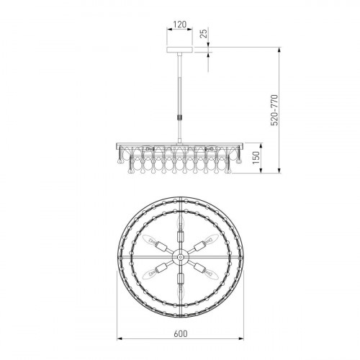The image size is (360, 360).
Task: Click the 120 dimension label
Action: tap(180, 24)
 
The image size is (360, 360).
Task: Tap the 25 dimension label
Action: tap(204, 34)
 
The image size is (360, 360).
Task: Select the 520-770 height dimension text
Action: tap(274, 110)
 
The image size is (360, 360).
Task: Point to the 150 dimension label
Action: tap(256, 158)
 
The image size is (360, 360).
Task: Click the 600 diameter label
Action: tap(181, 333)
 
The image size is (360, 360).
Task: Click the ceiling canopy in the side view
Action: tap(180, 50)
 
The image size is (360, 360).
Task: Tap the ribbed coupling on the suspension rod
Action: tap(180, 117)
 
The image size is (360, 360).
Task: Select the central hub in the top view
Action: tap(180, 257)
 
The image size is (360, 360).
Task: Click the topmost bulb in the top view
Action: tap(180, 222)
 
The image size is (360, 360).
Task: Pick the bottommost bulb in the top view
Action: tap(180, 292)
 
